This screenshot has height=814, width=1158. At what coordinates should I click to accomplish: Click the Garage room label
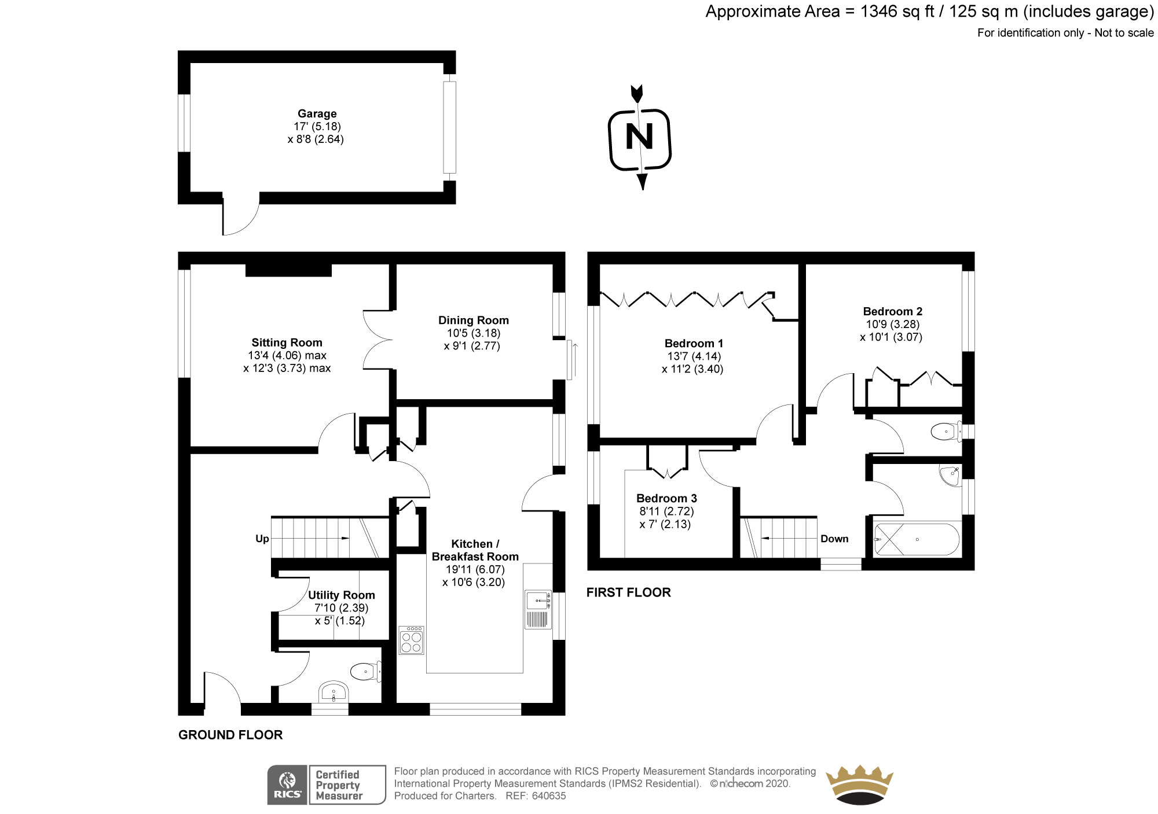317,114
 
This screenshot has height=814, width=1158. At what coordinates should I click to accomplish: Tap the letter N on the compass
639,138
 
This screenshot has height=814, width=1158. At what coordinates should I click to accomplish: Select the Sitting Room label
287,342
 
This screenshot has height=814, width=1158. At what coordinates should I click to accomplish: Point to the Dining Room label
473,321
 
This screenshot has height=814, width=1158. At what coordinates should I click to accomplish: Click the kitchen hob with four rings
411,640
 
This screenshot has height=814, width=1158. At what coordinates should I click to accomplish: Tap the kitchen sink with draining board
538,609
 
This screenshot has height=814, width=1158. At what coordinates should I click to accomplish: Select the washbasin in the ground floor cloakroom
333,691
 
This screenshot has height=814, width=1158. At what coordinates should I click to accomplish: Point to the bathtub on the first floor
916,540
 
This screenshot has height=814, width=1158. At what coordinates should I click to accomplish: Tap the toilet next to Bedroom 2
946,432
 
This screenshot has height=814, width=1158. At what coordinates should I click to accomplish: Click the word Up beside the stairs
262,539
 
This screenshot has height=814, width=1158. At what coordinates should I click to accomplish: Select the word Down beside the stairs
834,539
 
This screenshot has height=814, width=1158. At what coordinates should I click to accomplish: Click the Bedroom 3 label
666,498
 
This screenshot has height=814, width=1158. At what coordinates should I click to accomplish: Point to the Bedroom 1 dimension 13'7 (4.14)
692,356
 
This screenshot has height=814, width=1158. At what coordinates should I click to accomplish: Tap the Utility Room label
341,595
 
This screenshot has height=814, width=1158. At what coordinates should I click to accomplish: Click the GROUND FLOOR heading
230,735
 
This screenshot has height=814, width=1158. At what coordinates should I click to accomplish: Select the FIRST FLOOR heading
628,592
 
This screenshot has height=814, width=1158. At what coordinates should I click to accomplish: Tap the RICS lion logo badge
288,784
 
